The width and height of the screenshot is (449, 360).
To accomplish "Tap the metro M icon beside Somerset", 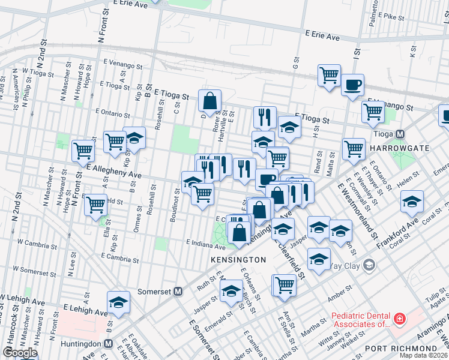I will point(178,292).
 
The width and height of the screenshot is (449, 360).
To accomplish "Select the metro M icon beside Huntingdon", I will point(108,344).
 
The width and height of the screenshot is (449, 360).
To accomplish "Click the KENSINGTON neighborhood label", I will point(238,260).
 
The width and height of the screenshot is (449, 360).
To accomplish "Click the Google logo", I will point(20,353).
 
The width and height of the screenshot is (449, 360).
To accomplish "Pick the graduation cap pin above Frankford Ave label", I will point(412,202).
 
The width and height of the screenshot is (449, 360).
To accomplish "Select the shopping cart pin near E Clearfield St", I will point(96,205).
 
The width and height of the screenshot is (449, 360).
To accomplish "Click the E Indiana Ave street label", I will point(205,245).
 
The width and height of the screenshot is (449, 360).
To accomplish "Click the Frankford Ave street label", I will point(397,233).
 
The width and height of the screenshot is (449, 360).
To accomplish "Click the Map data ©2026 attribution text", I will point(423,355).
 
